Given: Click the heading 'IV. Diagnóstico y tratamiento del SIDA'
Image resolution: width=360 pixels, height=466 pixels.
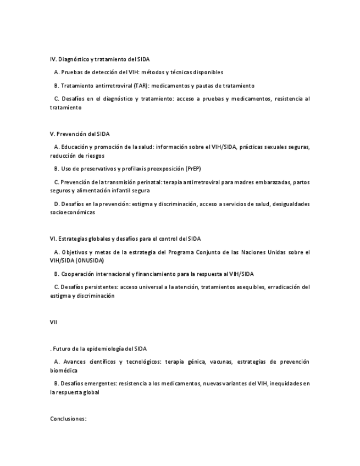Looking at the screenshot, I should click(x=99, y=59).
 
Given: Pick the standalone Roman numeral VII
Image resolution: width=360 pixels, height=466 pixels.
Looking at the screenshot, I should click(x=53, y=323).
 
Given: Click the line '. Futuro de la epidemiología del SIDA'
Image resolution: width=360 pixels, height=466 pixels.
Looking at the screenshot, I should click(x=98, y=349).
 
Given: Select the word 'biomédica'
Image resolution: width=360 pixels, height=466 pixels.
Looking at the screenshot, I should click(x=64, y=370).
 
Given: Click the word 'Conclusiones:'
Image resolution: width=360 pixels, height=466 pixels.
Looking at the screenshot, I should click(x=68, y=419).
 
